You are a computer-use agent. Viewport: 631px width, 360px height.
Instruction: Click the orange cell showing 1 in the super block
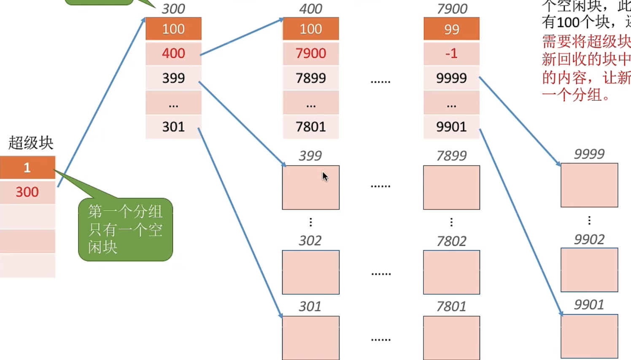[27, 167]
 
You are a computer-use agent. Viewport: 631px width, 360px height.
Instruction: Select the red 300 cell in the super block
[27, 192]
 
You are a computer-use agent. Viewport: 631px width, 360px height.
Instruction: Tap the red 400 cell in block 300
[173, 54]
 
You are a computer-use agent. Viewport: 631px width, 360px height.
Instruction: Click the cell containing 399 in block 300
[173, 78]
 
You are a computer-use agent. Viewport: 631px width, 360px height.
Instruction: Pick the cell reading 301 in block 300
[173, 127]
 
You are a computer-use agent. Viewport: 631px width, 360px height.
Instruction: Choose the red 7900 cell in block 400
[311, 54]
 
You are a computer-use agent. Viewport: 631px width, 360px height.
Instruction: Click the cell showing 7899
[311, 78]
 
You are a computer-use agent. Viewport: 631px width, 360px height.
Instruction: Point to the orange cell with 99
[451, 29]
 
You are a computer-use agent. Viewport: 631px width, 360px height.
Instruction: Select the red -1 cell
[451, 54]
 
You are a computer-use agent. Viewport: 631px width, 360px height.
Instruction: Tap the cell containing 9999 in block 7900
[451, 78]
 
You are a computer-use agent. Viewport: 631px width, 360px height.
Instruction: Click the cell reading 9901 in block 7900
[451, 127]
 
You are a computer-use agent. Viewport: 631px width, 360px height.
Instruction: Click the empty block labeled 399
[311, 188]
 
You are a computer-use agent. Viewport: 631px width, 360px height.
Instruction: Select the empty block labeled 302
[311, 272]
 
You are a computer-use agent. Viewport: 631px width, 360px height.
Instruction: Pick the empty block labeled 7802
[451, 272]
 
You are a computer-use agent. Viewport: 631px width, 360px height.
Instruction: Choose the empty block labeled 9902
[589, 270]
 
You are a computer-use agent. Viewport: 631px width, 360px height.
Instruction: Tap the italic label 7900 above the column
[452, 9]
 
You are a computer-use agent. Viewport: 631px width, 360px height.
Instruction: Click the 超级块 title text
[31, 143]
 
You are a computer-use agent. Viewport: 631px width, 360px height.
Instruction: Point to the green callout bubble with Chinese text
[125, 230]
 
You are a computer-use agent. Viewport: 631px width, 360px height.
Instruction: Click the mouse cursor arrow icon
[325, 176]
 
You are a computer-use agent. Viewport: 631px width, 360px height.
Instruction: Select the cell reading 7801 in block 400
[311, 127]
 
